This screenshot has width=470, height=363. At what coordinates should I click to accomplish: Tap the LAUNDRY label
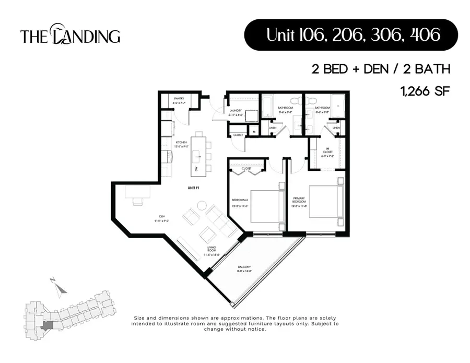[234, 111]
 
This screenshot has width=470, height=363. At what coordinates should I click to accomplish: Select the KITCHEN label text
[181, 143]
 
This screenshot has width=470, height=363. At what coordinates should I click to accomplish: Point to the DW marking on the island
[196, 169]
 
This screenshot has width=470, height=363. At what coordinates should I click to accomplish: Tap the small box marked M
[253, 132]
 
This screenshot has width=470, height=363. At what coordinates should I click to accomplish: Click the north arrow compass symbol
[60, 286]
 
